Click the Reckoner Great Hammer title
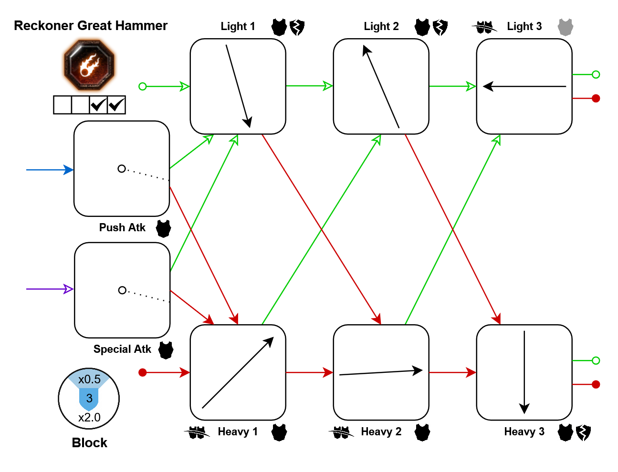[x=91, y=26]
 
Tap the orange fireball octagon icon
[x=89, y=65]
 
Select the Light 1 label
[x=238, y=27]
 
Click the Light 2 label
[x=381, y=27]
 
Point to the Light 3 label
[x=524, y=27]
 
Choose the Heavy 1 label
[x=238, y=432]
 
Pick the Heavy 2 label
[x=381, y=432]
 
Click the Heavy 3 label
[x=524, y=432]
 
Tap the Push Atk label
[x=122, y=228]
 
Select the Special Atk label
[x=122, y=349]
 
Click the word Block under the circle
[x=89, y=443]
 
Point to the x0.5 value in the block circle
[x=89, y=380]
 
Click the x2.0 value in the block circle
[x=89, y=418]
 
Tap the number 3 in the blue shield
[x=89, y=399]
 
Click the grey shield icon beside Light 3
[x=566, y=27]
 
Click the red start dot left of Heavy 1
[x=142, y=372]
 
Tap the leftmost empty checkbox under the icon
[x=63, y=105]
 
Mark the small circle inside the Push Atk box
[x=122, y=169]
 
